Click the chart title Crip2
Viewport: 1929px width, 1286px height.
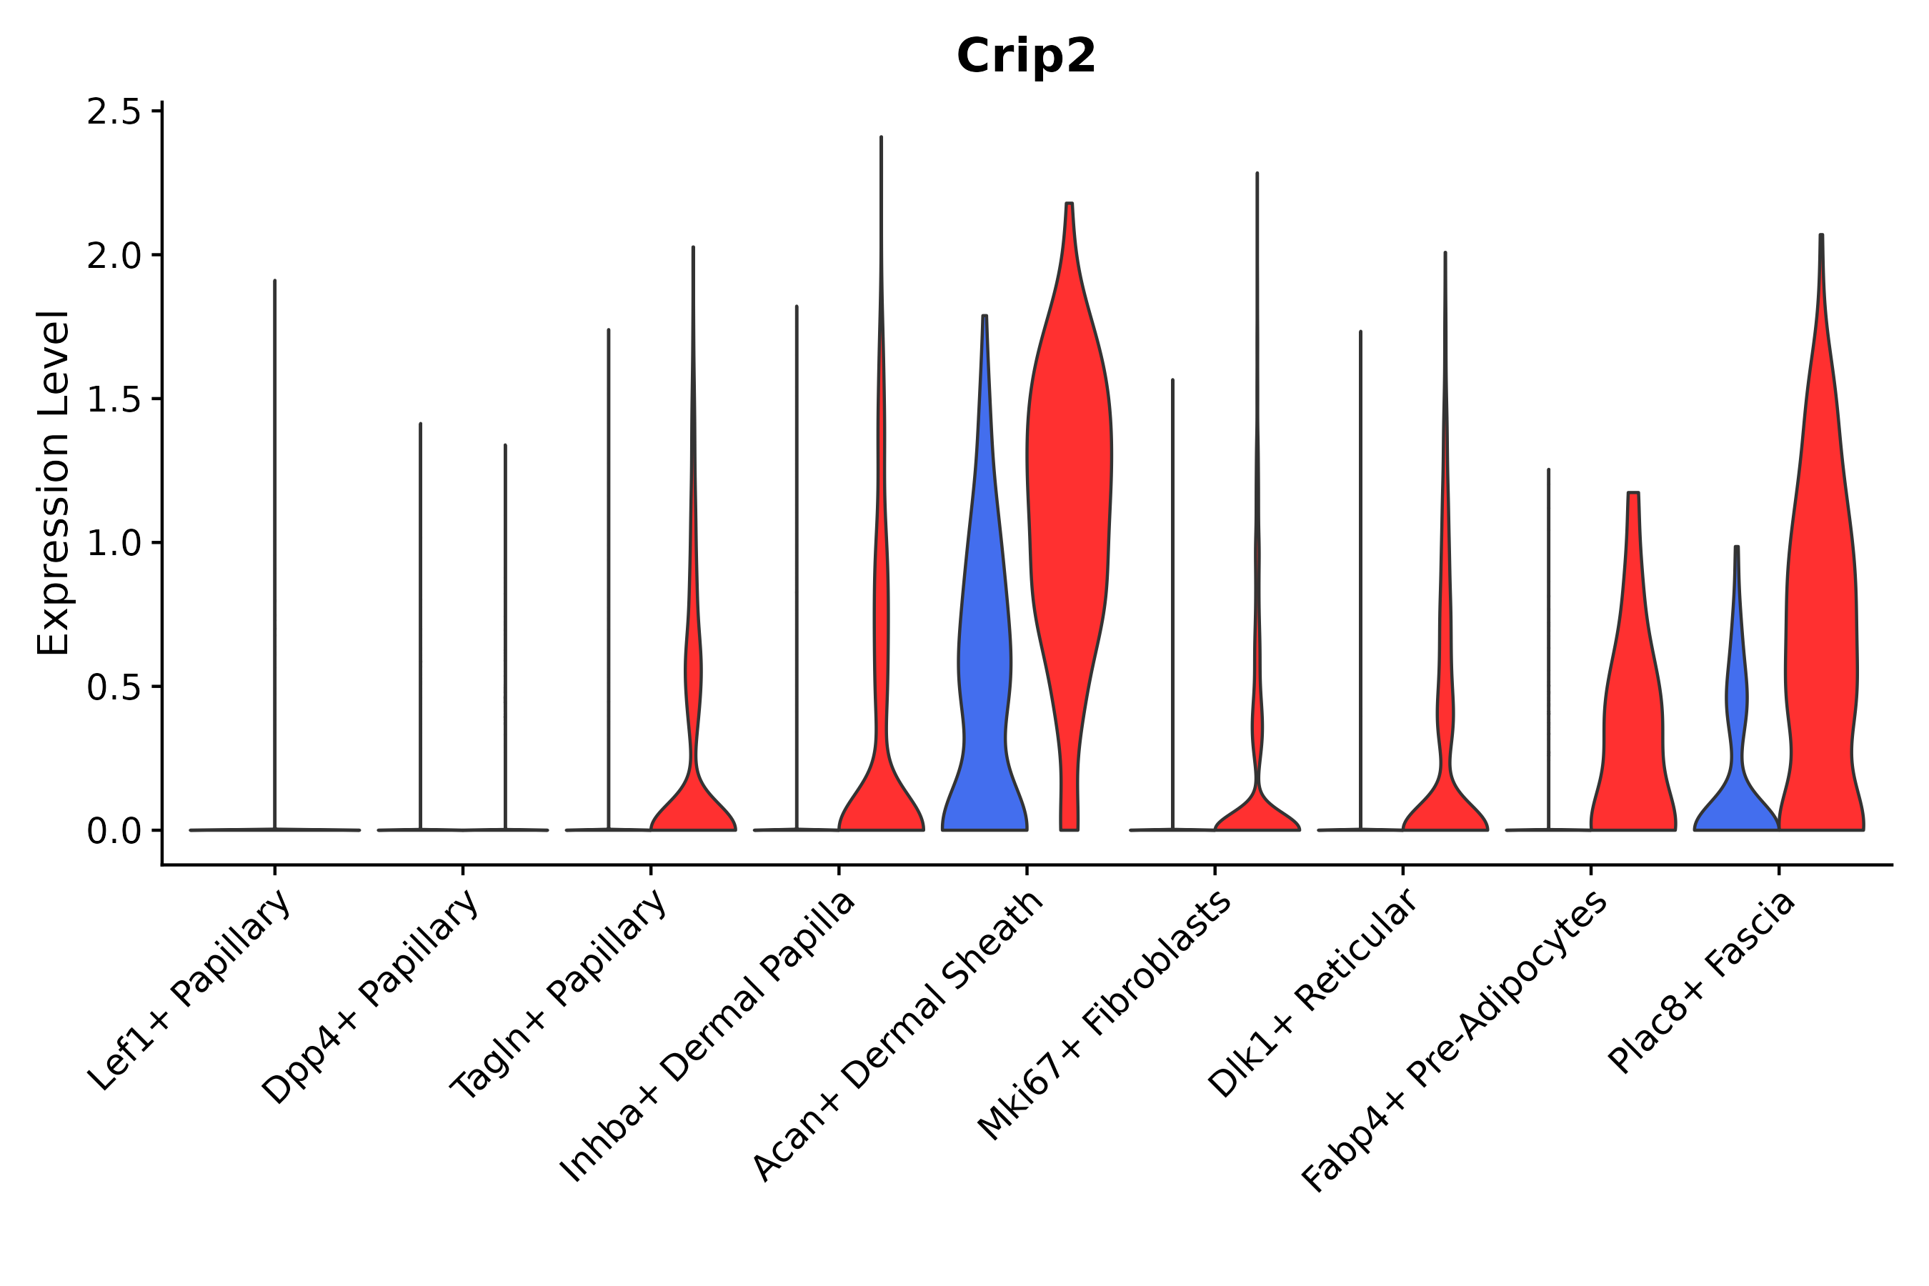point(1025,56)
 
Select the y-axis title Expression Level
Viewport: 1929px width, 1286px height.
point(54,482)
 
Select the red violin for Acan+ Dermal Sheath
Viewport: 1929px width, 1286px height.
point(1069,492)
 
